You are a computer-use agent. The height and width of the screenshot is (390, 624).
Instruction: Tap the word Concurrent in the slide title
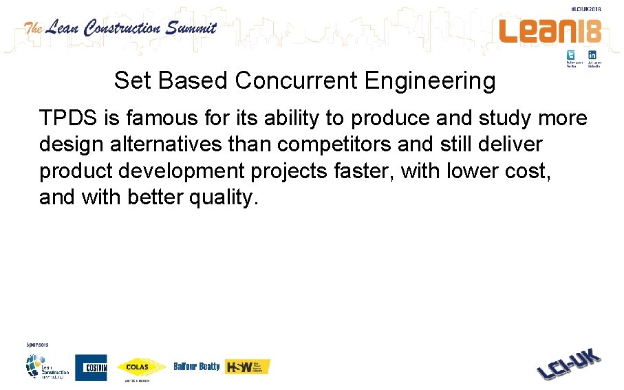click(297, 81)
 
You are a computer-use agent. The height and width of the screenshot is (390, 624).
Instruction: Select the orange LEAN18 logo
click(550, 30)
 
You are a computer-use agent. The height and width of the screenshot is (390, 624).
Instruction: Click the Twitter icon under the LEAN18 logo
click(571, 55)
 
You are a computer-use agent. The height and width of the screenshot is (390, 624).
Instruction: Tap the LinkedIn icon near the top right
click(592, 55)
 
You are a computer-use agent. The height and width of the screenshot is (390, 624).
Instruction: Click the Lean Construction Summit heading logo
click(120, 28)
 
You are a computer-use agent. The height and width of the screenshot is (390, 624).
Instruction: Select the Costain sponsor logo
click(91, 367)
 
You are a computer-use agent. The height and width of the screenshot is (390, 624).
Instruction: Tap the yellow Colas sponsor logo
click(142, 367)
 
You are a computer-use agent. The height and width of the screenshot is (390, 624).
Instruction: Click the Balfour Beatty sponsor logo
click(197, 367)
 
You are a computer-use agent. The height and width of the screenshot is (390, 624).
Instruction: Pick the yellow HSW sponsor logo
click(248, 367)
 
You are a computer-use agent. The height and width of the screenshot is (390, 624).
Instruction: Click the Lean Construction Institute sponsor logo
click(47, 367)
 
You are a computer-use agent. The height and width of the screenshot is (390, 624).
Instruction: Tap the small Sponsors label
click(37, 345)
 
